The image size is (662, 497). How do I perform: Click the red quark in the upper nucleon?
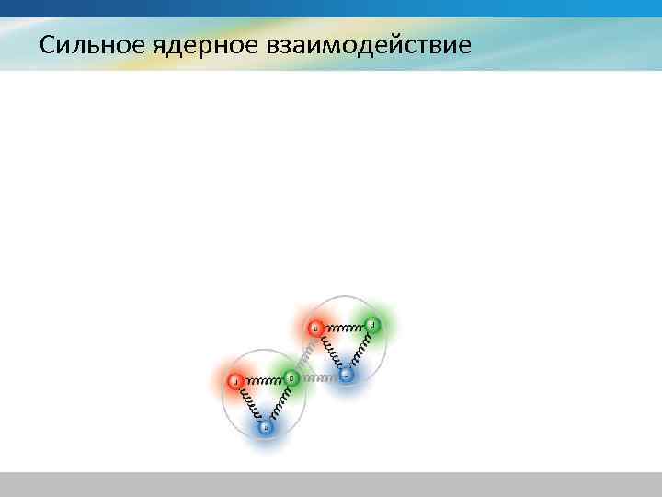click(x=314, y=328)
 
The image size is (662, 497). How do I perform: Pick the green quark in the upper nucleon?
click(x=371, y=325)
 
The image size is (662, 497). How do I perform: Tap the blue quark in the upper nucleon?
click(x=346, y=375)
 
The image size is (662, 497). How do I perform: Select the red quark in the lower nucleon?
click(x=234, y=380)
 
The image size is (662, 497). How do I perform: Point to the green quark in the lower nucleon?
click(x=291, y=377)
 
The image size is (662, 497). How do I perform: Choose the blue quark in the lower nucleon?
click(x=266, y=426)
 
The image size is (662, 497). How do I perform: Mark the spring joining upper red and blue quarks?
click(x=329, y=351)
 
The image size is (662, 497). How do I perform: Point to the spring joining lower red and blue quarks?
click(x=249, y=403)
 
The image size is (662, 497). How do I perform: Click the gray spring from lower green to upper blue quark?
click(x=318, y=376)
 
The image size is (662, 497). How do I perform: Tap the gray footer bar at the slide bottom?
click(x=331, y=484)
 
